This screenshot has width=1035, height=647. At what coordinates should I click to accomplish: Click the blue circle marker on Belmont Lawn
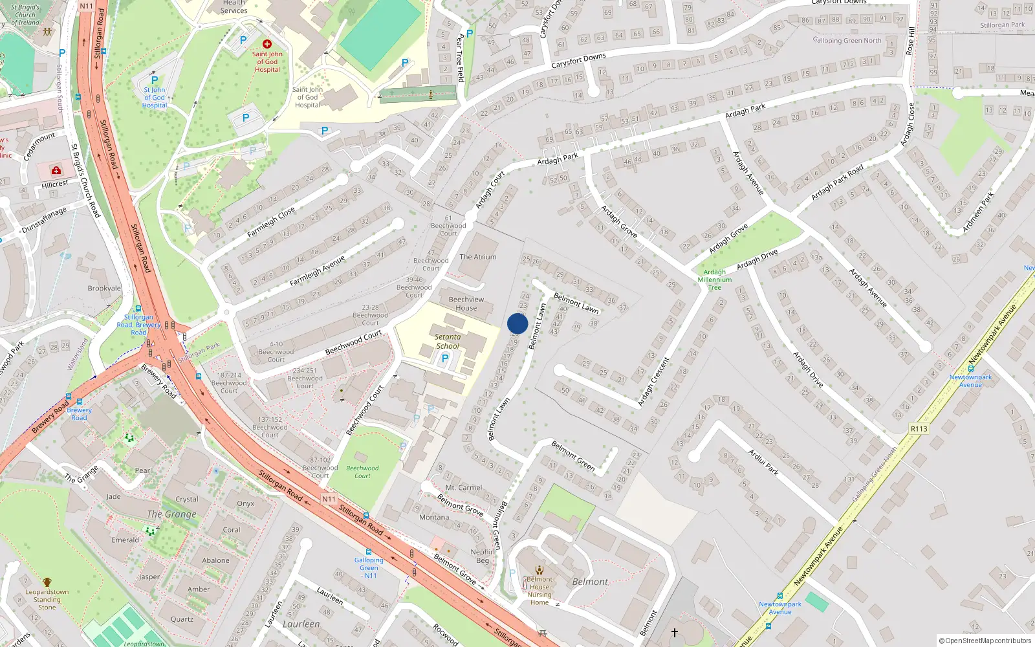coord(517,323)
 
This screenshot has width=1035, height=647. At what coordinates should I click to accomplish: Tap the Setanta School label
coord(448,341)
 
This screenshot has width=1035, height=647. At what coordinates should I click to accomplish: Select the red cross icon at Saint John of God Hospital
coord(267,44)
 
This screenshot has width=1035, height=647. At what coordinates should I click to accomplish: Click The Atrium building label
coord(478,257)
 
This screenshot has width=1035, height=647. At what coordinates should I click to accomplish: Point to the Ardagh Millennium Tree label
coord(715,280)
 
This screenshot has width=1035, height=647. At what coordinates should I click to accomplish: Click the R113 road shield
coord(919,428)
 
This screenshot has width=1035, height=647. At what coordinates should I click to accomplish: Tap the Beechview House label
coord(466,303)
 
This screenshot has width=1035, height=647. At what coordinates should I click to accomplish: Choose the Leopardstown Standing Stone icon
coord(47,582)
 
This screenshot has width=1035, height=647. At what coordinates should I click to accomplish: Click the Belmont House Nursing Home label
coord(539,591)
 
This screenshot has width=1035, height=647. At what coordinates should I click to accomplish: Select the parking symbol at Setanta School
coord(445,358)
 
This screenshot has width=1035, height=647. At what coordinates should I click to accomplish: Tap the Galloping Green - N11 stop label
coord(369,567)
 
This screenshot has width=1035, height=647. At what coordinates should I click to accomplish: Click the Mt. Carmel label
coord(464,487)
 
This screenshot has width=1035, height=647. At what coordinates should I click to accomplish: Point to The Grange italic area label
coord(171,514)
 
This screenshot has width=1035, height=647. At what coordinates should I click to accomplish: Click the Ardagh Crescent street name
coord(653,382)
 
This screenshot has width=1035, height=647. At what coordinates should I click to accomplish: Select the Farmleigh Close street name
coord(270,222)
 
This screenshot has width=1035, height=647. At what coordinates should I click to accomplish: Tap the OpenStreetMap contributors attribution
coord(985,641)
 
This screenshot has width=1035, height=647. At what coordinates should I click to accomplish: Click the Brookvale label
coord(104,289)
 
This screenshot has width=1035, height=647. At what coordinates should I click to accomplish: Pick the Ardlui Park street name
coord(763,463)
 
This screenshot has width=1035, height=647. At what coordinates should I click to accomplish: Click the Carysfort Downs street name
coord(578,61)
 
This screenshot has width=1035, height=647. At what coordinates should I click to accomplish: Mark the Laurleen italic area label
coord(301,624)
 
